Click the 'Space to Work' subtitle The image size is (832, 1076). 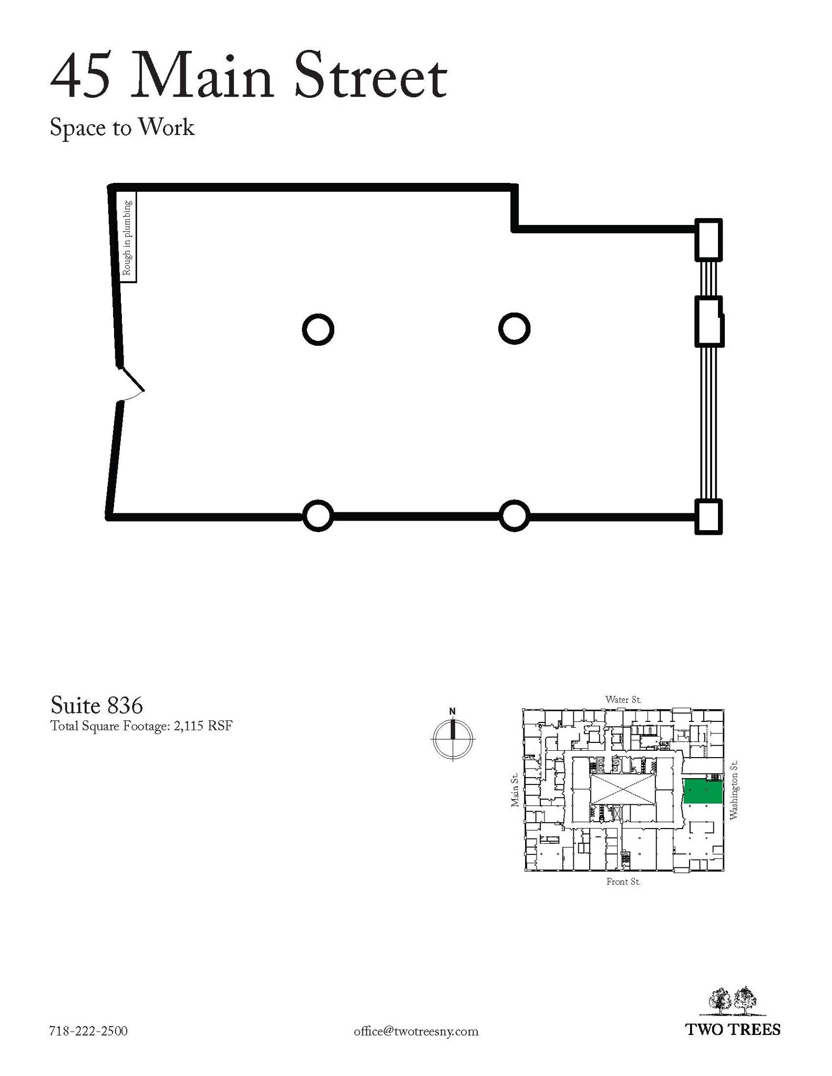122,128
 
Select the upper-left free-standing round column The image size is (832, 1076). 319,330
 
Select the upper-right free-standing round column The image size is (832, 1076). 514,329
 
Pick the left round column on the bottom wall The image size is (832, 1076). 319,516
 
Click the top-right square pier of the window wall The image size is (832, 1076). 708,240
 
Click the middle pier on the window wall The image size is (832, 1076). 710,322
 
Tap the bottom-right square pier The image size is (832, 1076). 708,516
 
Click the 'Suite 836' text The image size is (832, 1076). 97,705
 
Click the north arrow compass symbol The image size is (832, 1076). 453,736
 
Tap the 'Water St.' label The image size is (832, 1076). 623,699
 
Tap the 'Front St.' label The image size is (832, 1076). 623,882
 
